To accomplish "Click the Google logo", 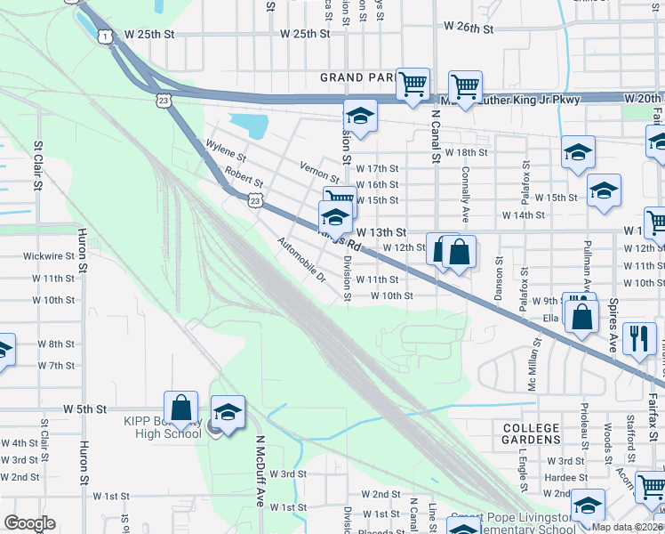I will coord(29,523).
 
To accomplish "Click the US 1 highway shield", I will coord(106,36).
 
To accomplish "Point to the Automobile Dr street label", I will coord(301,260).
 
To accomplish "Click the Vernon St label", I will coord(320,171).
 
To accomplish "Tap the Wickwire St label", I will coord(48,256).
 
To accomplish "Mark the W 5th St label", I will coord(84,409).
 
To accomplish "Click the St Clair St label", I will coord(38,164).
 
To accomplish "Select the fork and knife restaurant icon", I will coord(639,338).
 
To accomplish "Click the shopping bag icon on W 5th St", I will coord(180,408).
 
